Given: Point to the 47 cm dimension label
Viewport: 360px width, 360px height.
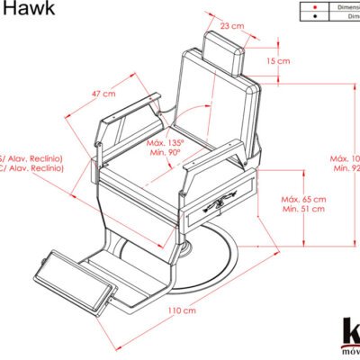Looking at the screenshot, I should pyautogui.click(x=103, y=94).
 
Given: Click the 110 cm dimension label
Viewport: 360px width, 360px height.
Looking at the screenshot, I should pyautogui.click(x=182, y=310).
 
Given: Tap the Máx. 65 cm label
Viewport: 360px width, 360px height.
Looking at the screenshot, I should pyautogui.click(x=302, y=199).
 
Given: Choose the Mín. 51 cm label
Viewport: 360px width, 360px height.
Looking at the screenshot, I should pyautogui.click(x=302, y=210).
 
